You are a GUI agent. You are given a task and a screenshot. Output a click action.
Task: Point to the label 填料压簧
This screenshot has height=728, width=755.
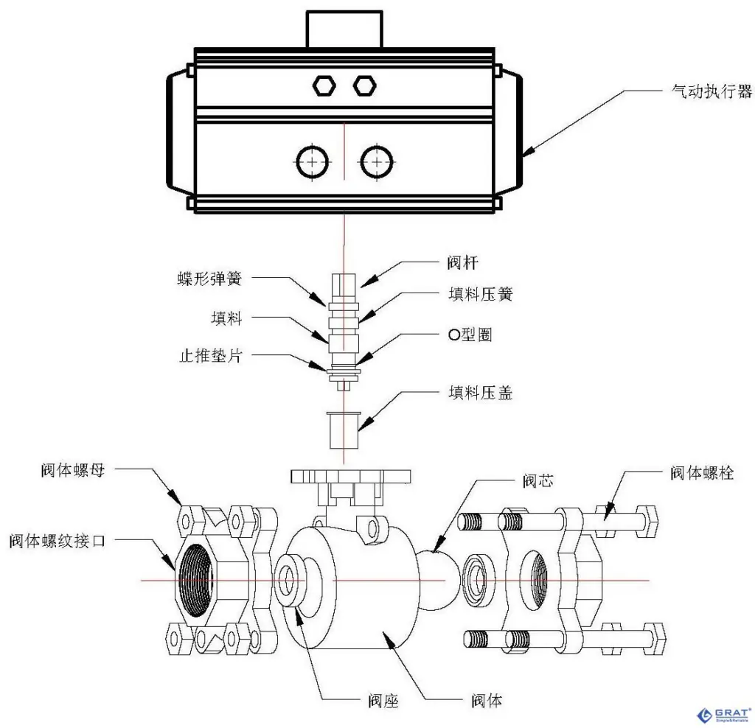[x=480, y=293]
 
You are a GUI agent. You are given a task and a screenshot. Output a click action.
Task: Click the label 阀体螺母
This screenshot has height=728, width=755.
[x=73, y=470]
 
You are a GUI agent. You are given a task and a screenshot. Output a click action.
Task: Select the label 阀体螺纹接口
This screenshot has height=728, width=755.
[x=58, y=541]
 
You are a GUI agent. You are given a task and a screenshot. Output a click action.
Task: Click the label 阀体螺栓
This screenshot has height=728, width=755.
[x=701, y=473]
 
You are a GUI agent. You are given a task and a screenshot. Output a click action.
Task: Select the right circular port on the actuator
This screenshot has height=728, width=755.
[x=376, y=161]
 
